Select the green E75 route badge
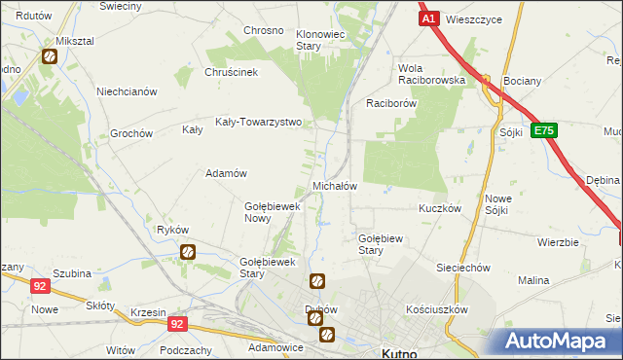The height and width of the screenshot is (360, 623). coord(543,129)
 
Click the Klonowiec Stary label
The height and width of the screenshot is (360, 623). coord(322,39)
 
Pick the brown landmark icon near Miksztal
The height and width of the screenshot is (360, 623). coord(49,56)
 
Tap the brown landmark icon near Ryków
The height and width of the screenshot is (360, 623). coord(188,252)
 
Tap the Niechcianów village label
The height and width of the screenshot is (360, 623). coord(127,91)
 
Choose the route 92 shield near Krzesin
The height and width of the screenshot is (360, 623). coord(176,323)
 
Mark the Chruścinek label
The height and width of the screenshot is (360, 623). coord(231,72)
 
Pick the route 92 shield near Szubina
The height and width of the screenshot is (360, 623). coord(40,286)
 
